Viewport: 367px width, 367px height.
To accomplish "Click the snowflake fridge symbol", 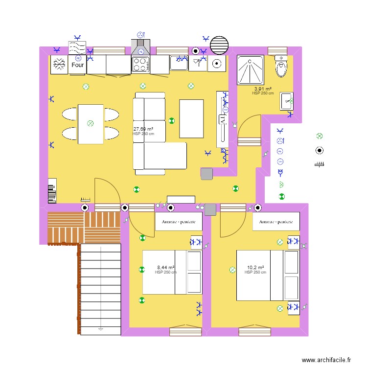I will point(59,65).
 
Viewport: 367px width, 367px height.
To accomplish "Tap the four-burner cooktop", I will point(141,64).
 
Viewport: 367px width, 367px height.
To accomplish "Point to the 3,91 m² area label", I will point(263,89).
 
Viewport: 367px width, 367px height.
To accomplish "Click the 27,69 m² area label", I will point(143,129).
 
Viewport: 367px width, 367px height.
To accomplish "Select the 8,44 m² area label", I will point(165,268).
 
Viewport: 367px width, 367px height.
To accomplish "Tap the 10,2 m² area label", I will point(255,268).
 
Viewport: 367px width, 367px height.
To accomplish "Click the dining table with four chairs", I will point(91,124).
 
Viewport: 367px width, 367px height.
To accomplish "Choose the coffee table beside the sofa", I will point(191,118).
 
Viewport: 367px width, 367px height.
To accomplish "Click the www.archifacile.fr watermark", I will point(326,360).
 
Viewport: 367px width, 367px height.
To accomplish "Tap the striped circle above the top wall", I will point(219,45).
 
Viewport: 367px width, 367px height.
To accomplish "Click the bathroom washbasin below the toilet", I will point(286,101).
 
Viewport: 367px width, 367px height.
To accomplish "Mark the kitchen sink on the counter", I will point(179,63).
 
